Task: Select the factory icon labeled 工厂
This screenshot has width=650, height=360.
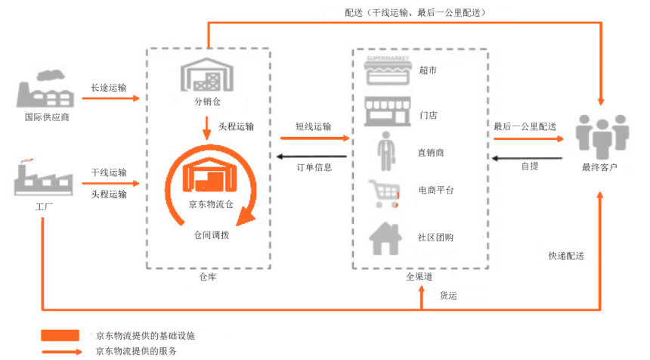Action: tap(42, 178)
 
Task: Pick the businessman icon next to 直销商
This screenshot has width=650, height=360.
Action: tap(386, 151)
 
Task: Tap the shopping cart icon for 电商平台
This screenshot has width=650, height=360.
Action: tap(384, 194)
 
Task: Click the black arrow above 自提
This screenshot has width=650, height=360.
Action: tap(527, 158)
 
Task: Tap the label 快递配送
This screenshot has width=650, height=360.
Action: tap(566, 256)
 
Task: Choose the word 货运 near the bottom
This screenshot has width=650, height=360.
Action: tap(448, 296)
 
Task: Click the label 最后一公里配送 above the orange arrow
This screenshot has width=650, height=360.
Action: tap(525, 126)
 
